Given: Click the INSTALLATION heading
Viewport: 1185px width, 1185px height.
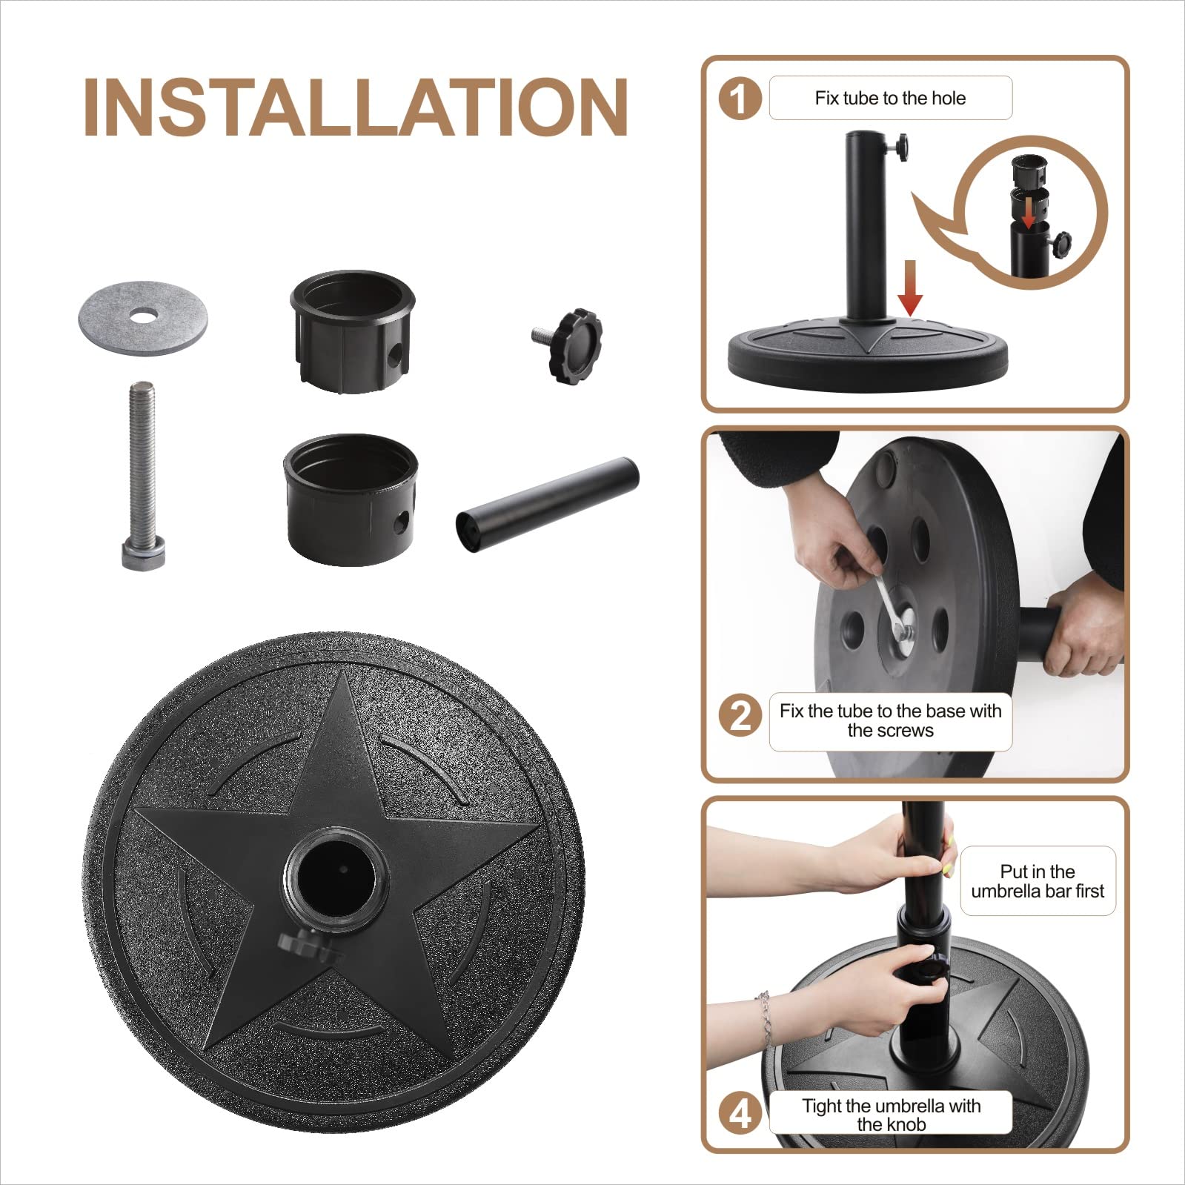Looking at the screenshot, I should click(356, 107).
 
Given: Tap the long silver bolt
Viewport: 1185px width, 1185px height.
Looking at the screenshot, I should click(141, 474).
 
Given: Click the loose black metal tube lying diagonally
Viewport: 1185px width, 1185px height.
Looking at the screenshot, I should click(547, 504).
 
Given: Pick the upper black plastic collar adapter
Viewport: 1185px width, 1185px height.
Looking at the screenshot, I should click(352, 326).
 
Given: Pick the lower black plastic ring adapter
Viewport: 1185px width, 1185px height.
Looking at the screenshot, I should click(350, 500).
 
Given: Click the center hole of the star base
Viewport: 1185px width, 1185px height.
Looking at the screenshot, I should click(337, 882).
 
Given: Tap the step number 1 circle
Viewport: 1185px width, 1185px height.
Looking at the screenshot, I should click(740, 99).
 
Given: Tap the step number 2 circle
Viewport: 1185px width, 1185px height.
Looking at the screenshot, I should click(740, 717).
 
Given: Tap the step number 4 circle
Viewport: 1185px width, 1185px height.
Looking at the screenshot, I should click(740, 1114).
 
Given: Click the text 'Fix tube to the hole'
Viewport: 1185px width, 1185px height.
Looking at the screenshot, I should click(890, 98).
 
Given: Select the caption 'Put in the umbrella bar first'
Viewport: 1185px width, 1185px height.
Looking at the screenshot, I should click(1037, 881).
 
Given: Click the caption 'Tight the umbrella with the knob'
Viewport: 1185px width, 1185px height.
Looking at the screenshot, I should click(891, 1115).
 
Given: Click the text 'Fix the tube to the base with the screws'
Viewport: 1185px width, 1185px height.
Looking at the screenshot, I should click(890, 720).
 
